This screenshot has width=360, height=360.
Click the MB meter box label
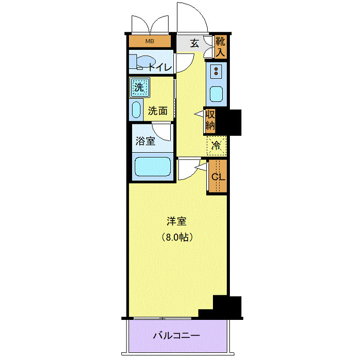click(149, 42)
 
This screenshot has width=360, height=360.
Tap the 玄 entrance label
click(194, 43)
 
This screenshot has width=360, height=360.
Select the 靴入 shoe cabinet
click(220, 46)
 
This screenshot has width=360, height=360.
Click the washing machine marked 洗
click(139, 87)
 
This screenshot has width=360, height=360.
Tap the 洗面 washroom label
click(158, 111)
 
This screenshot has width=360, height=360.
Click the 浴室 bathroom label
click(145, 141)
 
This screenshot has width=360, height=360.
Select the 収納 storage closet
click(210, 120)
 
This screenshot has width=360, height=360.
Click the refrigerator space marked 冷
click(217, 146)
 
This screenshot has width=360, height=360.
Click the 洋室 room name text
click(176, 222)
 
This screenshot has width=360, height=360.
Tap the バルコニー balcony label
click(176, 336)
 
